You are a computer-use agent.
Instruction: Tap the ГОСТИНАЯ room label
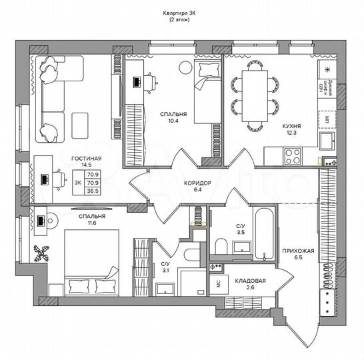[x=86, y=159]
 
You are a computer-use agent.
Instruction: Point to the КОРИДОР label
[x=197, y=182]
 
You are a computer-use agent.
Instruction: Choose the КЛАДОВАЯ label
[x=251, y=281]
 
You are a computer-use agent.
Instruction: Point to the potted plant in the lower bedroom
[x=42, y=254]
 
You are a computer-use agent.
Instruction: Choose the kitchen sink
[x=327, y=141]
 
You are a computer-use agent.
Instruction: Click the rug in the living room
[x=80, y=122]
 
